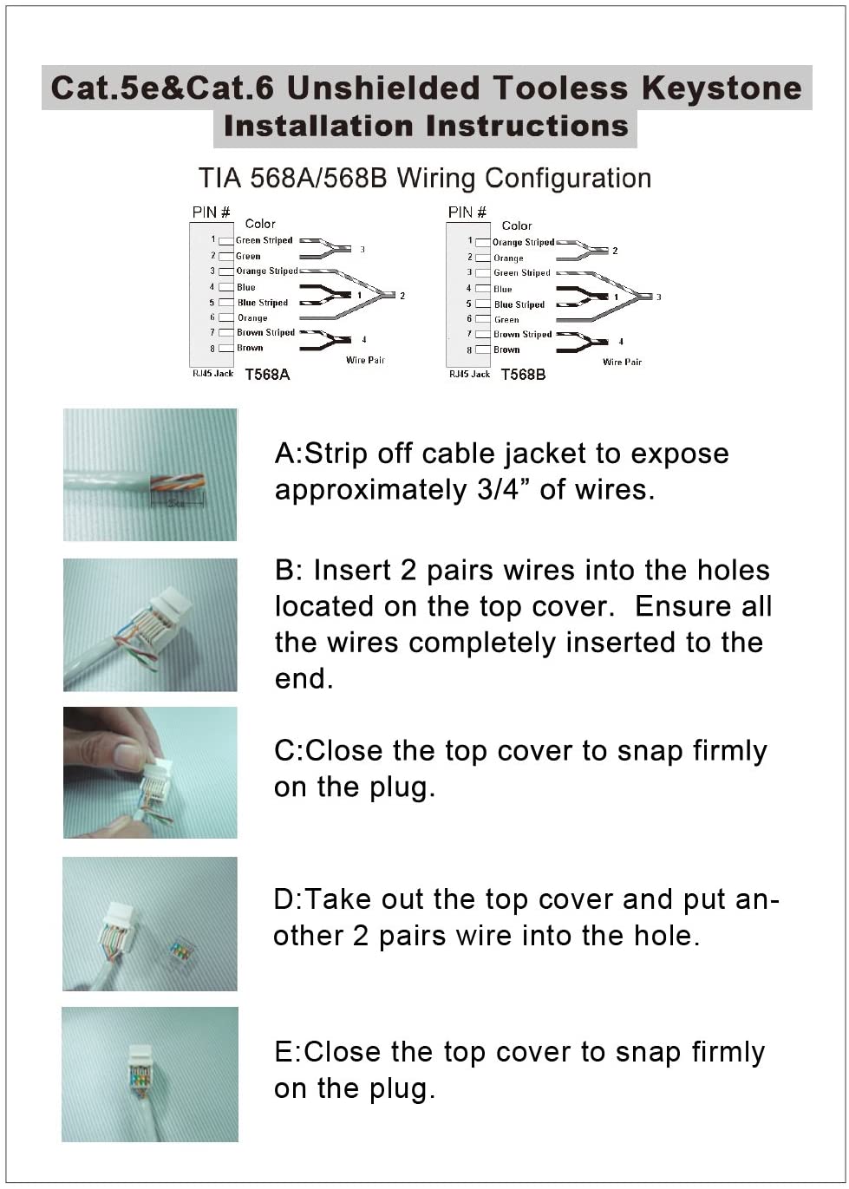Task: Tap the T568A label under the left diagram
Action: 267,375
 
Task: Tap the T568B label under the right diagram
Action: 524,375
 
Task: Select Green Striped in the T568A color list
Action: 264,240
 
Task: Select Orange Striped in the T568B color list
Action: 523,242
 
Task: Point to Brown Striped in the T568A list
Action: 266,333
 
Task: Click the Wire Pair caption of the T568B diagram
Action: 622,362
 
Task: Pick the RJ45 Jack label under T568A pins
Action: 212,374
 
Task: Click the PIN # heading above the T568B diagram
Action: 467,212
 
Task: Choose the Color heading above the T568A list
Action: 260,224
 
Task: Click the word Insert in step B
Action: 353,571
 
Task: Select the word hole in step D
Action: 662,936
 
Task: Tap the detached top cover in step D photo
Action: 180,951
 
